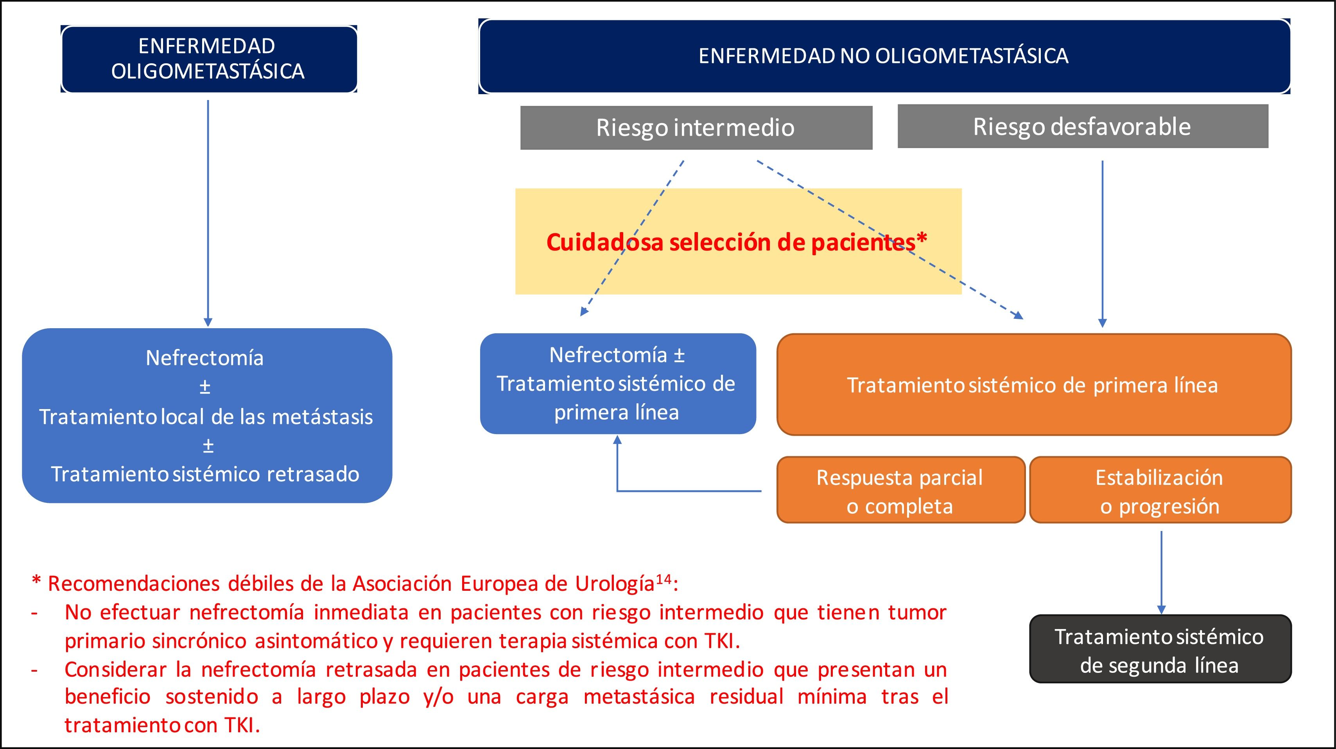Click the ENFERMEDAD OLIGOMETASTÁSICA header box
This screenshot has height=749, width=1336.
click(x=208, y=59)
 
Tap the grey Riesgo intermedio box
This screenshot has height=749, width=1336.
click(x=696, y=127)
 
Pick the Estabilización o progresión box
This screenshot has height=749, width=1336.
click(x=1160, y=490)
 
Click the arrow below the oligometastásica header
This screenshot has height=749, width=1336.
click(x=208, y=213)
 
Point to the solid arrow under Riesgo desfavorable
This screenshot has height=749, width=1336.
click(x=1102, y=244)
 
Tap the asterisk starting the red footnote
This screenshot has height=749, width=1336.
click(x=36, y=581)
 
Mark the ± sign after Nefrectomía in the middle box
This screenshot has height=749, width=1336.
click(x=679, y=356)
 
